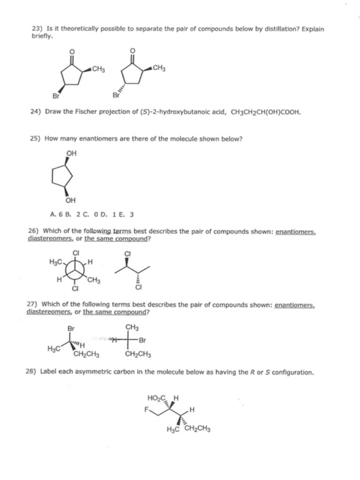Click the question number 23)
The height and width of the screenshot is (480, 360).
[x=38, y=29]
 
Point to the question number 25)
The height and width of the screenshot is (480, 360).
[x=38, y=139]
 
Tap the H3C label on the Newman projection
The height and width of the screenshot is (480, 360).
[x=58, y=261]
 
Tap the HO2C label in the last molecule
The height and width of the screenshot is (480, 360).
[x=156, y=398]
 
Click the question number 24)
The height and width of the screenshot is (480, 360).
[x=38, y=111]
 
